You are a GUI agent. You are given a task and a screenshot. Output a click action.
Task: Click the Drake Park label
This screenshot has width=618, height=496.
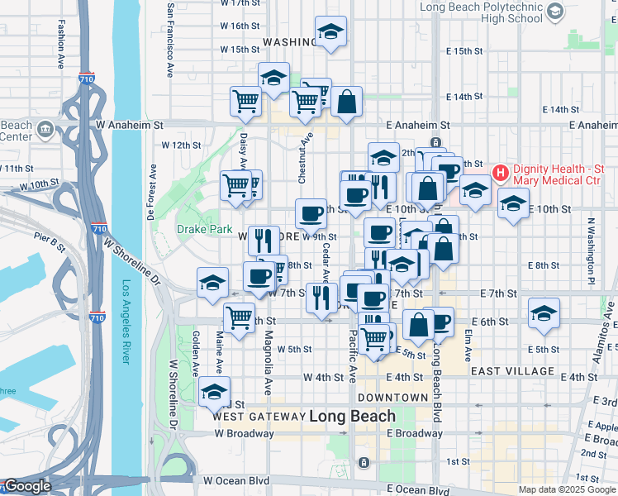click(x=197, y=229)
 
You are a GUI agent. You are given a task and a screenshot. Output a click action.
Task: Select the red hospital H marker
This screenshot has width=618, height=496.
click(x=500, y=173)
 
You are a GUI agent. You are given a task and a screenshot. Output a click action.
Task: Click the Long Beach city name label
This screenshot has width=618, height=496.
click(x=353, y=416)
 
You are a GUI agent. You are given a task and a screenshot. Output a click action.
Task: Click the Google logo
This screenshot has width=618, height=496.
click(x=27, y=486)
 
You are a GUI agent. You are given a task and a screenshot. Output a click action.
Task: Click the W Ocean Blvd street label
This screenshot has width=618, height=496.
click(x=237, y=480)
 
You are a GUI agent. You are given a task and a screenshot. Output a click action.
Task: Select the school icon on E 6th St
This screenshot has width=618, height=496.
click(x=544, y=313)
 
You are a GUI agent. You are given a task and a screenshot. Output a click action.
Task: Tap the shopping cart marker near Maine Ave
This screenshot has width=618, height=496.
click(x=240, y=317)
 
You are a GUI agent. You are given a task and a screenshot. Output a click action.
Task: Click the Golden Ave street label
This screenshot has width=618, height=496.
click(x=196, y=351)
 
